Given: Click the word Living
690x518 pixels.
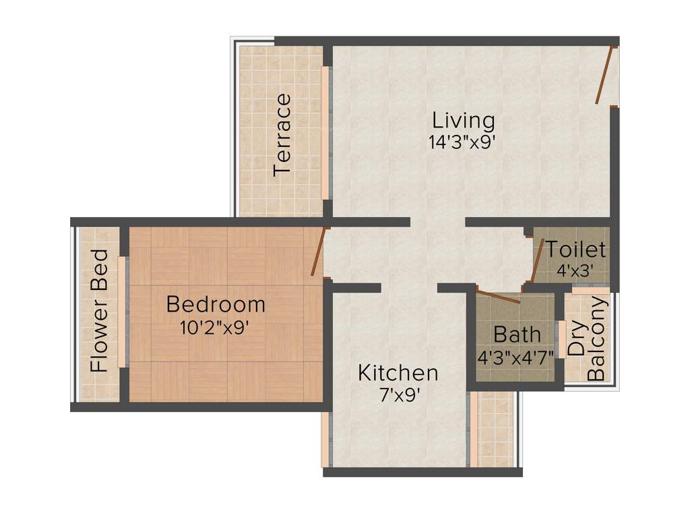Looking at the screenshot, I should pos(464,121).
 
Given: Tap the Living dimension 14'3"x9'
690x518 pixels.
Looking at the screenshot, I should pos(464,142).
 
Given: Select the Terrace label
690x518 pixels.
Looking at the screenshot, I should pos(283,135).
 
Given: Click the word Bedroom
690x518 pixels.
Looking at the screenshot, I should pos(216,304).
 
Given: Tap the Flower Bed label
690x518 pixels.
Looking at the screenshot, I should pos(99,311).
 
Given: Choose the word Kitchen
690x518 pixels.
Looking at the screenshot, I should pos(398,372).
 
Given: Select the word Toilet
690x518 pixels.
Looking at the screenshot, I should pos(576,250).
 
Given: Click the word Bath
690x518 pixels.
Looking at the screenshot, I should pos(517,334).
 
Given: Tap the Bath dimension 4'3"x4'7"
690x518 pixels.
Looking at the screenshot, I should pos(515,356).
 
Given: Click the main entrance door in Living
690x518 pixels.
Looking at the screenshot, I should pos(606,75).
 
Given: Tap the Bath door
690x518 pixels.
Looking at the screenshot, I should pos(498,295).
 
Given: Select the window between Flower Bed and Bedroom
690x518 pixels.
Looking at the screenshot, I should pos(123,312).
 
